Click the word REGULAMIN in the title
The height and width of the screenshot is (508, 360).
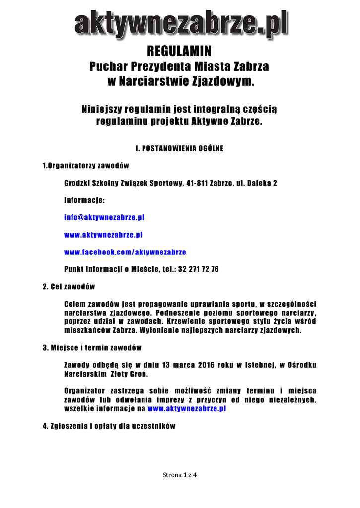coord(180,51)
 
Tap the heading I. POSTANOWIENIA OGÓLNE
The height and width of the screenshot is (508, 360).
coord(180,148)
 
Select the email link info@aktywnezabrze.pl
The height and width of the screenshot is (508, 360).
coord(104,217)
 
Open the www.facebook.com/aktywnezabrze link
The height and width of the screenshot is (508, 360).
coord(125,252)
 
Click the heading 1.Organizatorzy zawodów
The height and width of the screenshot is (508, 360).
coord(86,166)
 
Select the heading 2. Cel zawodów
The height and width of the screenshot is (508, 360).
coord(69,287)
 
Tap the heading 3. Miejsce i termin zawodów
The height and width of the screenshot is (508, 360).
coord(92,347)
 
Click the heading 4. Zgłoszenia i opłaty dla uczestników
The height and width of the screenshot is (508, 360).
coord(109,426)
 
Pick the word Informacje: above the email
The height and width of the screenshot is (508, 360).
coord(84,200)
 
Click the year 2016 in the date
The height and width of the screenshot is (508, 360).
coord(206,365)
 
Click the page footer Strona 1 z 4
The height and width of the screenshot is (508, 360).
coord(180,475)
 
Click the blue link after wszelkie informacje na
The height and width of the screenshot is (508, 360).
coord(187,409)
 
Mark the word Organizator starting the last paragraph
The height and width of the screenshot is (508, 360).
coord(87,391)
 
